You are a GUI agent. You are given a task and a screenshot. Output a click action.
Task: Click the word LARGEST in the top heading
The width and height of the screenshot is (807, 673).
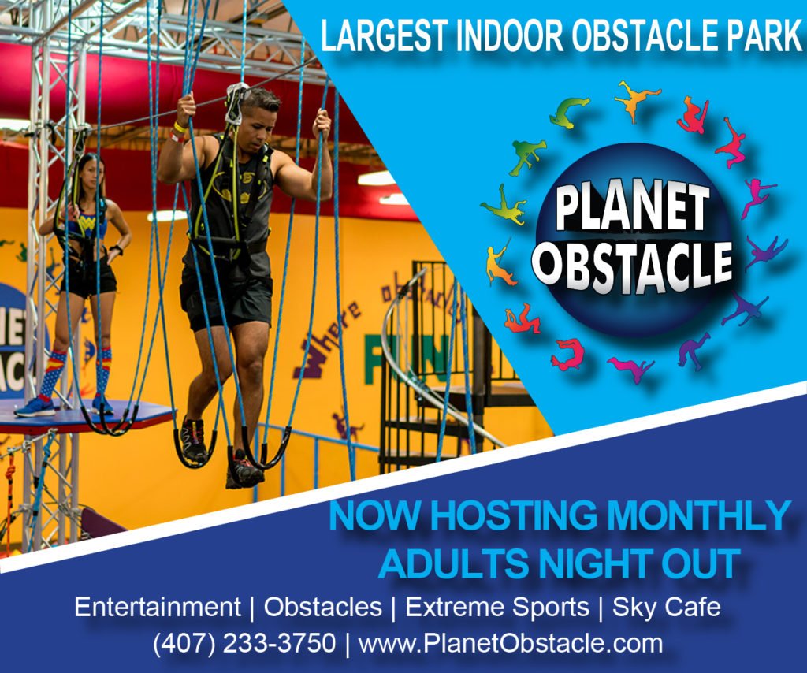point(384,35)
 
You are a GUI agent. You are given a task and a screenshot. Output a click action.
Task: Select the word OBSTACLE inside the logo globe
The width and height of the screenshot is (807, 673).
point(633,265)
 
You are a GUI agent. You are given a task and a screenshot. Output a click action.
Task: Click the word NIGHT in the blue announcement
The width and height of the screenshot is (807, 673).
point(592,563)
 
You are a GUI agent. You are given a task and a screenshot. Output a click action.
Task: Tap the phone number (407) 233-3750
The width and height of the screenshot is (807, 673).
point(244,643)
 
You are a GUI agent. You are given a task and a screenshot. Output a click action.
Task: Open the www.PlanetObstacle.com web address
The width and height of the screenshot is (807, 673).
point(511,643)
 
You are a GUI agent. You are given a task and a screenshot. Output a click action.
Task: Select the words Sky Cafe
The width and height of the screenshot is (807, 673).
point(667,607)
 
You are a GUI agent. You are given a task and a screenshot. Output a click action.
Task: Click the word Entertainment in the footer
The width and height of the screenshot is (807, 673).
point(158,607)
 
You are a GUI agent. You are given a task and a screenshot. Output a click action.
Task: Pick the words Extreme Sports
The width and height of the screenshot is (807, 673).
point(497,608)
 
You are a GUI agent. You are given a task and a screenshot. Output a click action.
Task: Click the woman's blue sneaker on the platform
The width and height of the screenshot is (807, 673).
point(35,407)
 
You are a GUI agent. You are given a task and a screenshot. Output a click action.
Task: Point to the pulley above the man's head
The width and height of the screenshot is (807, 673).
point(236,105)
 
